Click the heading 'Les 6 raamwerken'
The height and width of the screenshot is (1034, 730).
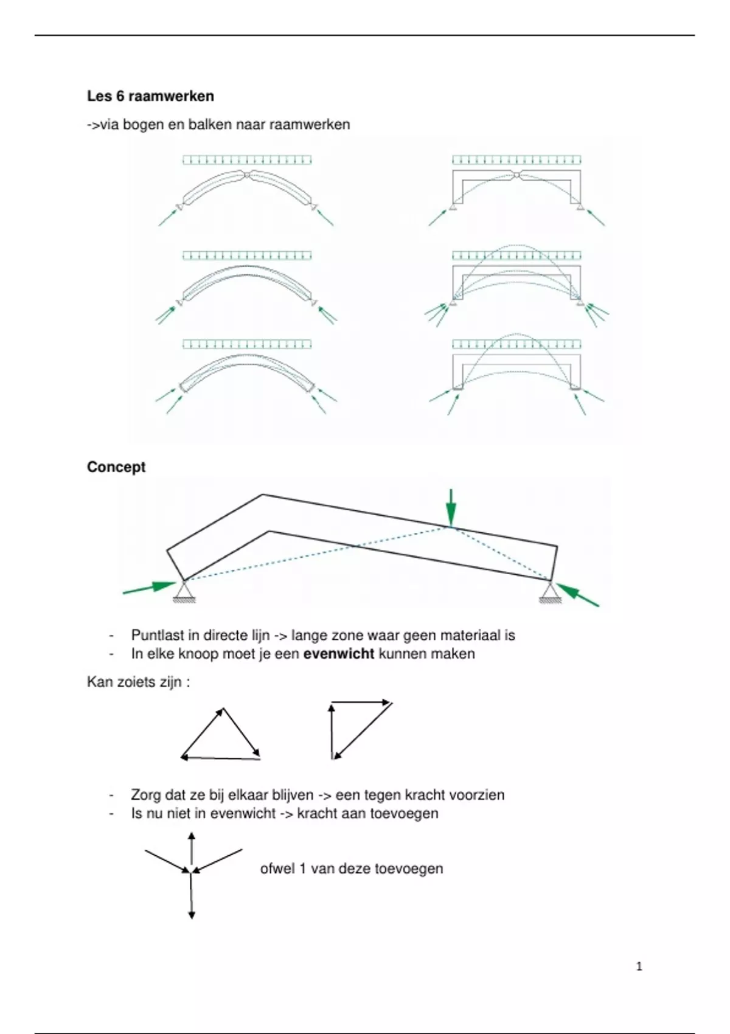(150, 96)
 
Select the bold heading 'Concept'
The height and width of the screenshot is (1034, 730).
(116, 467)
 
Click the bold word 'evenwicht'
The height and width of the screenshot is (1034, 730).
(338, 654)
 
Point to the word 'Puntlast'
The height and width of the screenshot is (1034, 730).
(157, 636)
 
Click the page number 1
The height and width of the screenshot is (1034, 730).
(639, 966)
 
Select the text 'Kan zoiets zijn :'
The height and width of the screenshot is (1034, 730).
(138, 682)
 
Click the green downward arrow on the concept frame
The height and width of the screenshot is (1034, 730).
(450, 506)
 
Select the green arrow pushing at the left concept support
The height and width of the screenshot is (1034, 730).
(149, 588)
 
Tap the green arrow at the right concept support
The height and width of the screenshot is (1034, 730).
(577, 594)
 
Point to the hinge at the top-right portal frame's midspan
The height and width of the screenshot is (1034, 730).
(516, 175)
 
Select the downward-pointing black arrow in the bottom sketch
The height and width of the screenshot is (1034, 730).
(192, 897)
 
